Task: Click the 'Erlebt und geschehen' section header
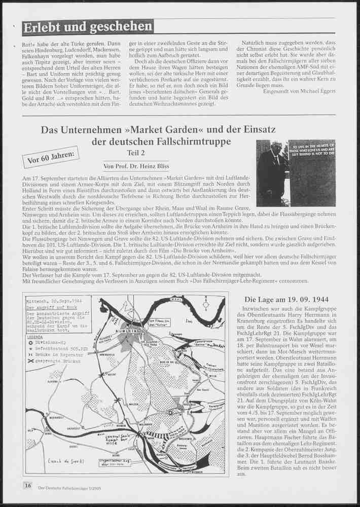pos(88,26)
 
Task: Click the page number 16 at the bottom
pos(27,485)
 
